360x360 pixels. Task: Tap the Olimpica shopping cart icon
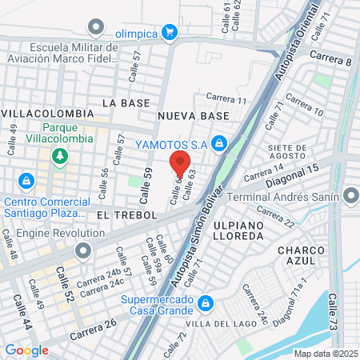point(169,32)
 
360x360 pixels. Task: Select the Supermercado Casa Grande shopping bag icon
point(206,302)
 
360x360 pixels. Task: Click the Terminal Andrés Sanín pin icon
point(350,196)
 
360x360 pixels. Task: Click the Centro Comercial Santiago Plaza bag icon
point(26,182)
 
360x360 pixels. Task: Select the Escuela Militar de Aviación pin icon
point(97,30)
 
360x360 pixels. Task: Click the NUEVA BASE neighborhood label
point(193,116)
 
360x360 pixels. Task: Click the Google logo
point(26,350)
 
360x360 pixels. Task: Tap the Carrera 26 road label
point(93,328)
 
